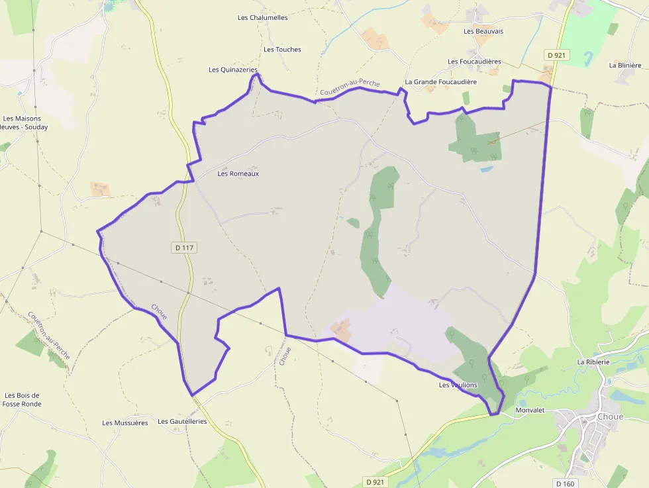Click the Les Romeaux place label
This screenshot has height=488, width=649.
pyautogui.click(x=238, y=173)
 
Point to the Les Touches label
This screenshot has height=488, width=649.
pyautogui.click(x=282, y=50)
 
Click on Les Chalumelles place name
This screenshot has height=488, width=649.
pyautogui.click(x=263, y=17)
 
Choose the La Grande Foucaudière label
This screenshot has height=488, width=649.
pyautogui.click(x=440, y=82)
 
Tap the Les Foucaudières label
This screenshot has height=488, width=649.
pyautogui.click(x=474, y=62)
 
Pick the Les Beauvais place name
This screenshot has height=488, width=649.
pyautogui.click(x=483, y=31)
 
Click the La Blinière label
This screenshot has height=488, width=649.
pyautogui.click(x=625, y=66)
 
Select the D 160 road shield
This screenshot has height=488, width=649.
pyautogui.click(x=565, y=483)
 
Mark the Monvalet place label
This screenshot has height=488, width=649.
pyautogui.click(x=530, y=411)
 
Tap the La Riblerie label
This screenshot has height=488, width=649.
pyautogui.click(x=592, y=362)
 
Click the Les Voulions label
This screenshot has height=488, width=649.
pyautogui.click(x=458, y=385)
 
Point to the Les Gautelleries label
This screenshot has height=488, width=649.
pyautogui.click(x=182, y=421)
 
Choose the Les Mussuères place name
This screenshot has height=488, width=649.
pyautogui.click(x=125, y=422)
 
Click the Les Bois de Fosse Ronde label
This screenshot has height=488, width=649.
pyautogui.click(x=22, y=399)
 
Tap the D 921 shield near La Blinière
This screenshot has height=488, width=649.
pyautogui.click(x=557, y=55)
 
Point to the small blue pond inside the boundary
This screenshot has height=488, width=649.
pyautogui.click(x=487, y=170)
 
